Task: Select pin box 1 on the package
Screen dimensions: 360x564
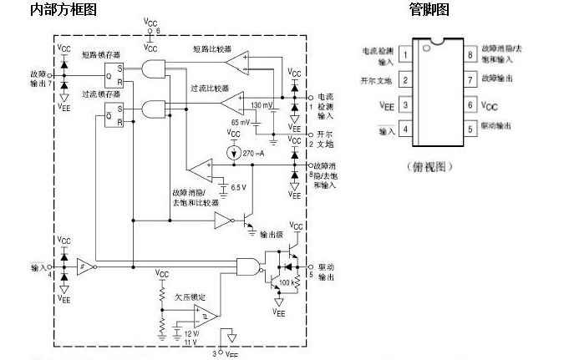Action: tap(404, 55)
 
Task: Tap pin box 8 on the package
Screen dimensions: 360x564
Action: tap(471, 55)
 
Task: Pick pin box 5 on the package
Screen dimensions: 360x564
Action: tap(471, 129)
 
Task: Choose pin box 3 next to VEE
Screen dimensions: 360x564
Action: tap(404, 105)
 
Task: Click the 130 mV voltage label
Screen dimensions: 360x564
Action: tap(262, 105)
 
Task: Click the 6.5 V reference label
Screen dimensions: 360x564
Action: tap(238, 187)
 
